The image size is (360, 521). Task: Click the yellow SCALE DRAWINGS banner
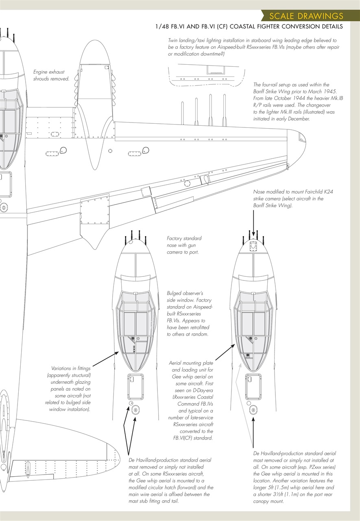tap(305, 16)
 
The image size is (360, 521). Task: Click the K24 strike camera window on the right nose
tap(253, 246)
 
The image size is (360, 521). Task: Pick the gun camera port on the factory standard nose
tap(131, 242)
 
